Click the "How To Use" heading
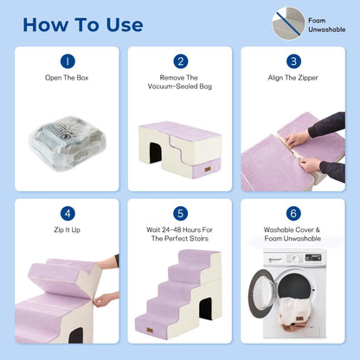83,25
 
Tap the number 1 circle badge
67,61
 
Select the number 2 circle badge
181,61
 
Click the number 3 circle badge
293,61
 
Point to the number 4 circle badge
67,214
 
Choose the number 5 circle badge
181,214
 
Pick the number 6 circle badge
293,214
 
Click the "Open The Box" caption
67,78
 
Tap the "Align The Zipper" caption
292,78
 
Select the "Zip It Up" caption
67,230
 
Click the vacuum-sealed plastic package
67,143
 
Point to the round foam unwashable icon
288,23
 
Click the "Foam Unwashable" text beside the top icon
326,25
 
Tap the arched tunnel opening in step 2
156,152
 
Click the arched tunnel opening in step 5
206,309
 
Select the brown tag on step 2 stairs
208,170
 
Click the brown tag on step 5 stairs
150,331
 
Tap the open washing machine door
260,293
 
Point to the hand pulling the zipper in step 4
105,299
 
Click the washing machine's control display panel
313,257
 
